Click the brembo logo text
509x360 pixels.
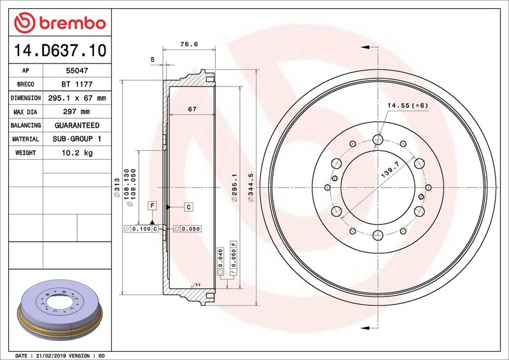point(69,24)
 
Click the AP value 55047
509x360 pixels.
point(74,71)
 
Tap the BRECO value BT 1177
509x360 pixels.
point(74,85)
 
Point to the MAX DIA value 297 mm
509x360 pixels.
point(74,112)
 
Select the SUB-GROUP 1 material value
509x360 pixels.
point(74,139)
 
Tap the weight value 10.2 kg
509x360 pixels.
point(74,153)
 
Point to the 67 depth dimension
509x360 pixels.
point(192,109)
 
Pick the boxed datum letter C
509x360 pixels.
point(189,207)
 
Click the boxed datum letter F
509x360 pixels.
point(152,205)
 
